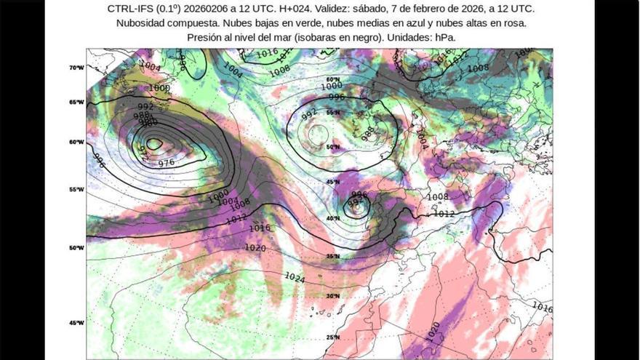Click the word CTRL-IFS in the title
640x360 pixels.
pos(129,9)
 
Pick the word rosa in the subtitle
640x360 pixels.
pos(515,23)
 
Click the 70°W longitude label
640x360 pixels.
pos(76,68)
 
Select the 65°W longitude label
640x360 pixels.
pos(76,103)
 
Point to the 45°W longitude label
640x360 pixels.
pos(76,323)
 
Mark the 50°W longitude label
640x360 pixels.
pos(76,247)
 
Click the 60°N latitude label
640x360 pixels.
pos(333,79)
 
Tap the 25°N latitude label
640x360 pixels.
pos(333,337)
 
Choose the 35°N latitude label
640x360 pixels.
pos(333,256)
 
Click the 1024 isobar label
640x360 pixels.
pos(295,277)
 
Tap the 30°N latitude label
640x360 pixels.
pos(333,296)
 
